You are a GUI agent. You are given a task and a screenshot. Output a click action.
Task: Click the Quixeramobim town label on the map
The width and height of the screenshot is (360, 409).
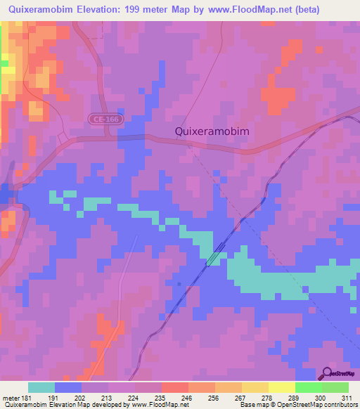(x=212, y=131)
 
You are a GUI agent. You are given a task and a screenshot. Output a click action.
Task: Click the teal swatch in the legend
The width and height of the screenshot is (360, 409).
(x=41, y=387)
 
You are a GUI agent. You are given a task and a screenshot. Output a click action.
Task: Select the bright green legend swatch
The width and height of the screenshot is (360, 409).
(x=308, y=387)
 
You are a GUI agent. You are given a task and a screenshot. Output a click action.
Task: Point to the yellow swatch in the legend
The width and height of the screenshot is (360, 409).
(x=255, y=387)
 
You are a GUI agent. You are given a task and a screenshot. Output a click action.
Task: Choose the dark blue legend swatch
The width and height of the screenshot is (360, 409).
(x=68, y=387)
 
